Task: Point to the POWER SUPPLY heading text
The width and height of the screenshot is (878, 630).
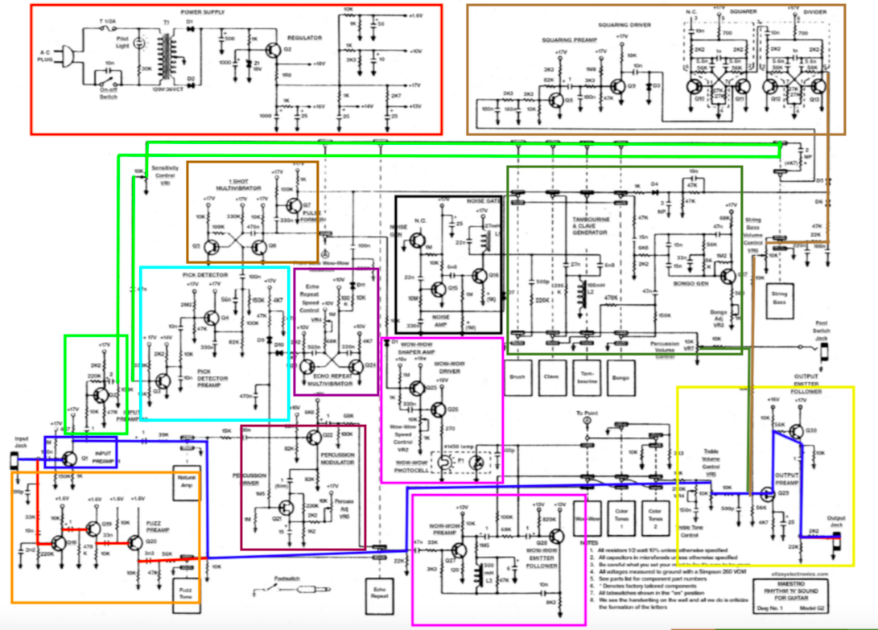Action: pyautogui.click(x=203, y=12)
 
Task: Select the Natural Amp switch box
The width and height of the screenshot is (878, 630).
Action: pyautogui.click(x=187, y=488)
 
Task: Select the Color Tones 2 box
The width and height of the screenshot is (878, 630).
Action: pyautogui.click(x=655, y=511)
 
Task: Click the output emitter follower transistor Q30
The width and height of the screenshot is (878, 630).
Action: pyautogui.click(x=793, y=431)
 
